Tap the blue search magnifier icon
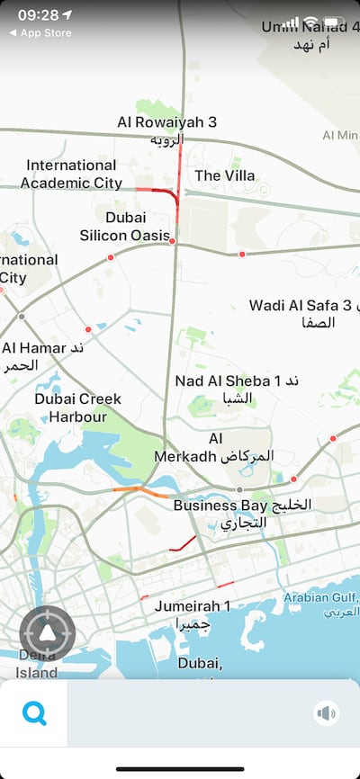pyautogui.click(x=34, y=713)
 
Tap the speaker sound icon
pyautogui.click(x=326, y=713)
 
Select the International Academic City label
pyautogui.click(x=72, y=175)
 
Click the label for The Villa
pyautogui.click(x=225, y=175)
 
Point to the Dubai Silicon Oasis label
pyautogui.click(x=125, y=227)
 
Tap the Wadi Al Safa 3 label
pyautogui.click(x=302, y=313)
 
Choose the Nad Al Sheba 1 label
pyautogui.click(x=236, y=389)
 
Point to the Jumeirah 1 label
pyautogui.click(x=193, y=614)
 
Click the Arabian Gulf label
pyautogui.click(x=321, y=604)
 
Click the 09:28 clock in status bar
pyautogui.click(x=38, y=15)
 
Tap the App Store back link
pyautogui.click(x=40, y=33)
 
